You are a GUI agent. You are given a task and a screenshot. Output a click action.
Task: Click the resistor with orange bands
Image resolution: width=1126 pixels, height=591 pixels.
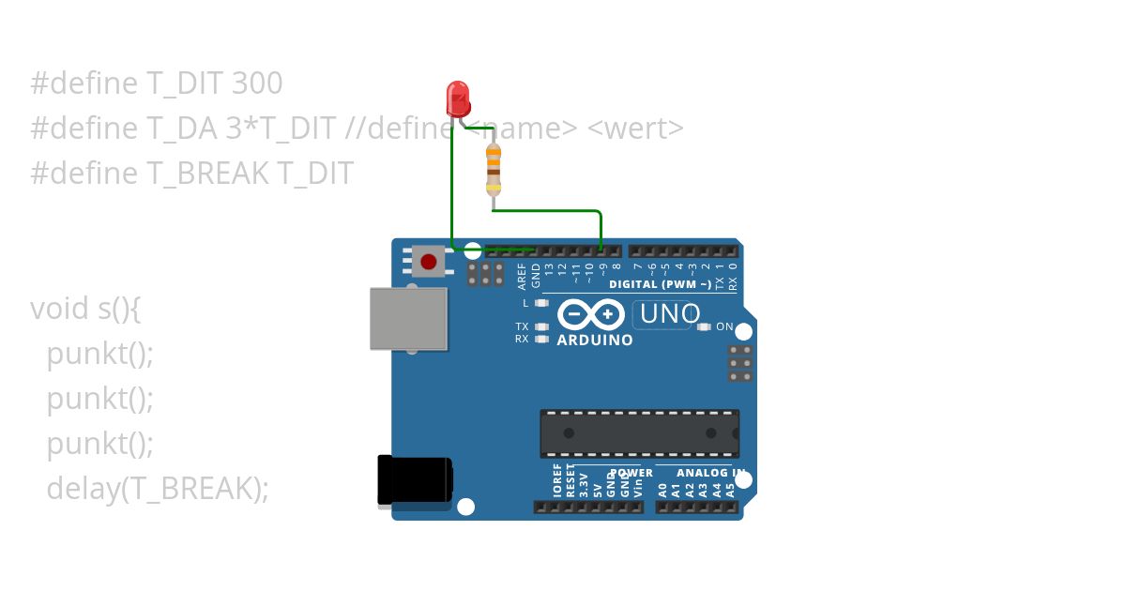coord(493,169)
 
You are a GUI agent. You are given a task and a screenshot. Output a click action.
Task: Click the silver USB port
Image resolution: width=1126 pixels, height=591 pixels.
coord(408,319)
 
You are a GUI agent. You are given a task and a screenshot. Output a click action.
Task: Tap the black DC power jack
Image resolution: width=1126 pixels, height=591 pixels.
coord(414,481)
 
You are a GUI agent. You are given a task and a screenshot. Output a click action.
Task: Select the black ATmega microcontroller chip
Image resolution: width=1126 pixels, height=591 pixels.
coord(639,433)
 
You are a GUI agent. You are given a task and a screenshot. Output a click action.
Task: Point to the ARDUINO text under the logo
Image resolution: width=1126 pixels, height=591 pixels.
coord(595,341)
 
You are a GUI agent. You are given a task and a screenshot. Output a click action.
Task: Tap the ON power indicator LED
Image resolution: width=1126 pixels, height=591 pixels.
coord(705,326)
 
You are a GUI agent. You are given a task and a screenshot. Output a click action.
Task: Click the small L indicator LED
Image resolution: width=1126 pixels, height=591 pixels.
coord(540,303)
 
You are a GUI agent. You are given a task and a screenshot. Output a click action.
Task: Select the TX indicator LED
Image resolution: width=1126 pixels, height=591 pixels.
coord(540,326)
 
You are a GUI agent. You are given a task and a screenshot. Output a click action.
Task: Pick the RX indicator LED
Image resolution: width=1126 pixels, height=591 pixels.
coord(540,339)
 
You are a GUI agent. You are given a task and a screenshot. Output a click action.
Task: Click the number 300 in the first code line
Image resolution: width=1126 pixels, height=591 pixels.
coord(256,83)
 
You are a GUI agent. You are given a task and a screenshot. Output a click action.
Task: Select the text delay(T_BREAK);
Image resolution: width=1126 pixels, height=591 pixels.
coord(158,489)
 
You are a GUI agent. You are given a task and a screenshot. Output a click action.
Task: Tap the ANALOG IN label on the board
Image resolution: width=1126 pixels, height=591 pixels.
coord(710,473)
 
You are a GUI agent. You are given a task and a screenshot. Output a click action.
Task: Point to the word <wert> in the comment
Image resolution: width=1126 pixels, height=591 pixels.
coord(635,129)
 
